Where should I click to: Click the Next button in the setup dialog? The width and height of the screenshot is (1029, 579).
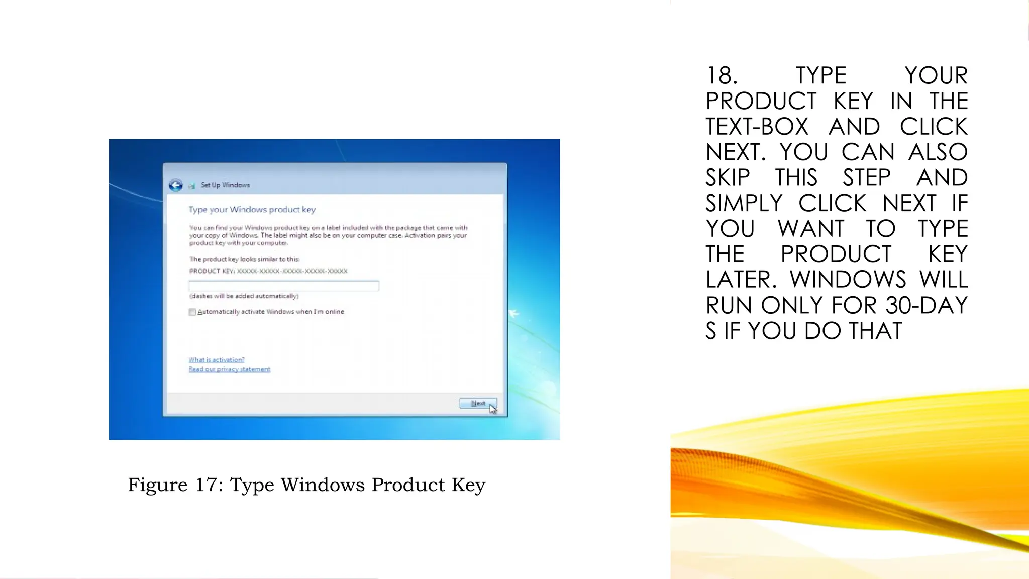point(477,403)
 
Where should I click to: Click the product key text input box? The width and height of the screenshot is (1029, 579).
point(283,286)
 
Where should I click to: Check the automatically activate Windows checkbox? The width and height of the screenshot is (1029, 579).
point(192,312)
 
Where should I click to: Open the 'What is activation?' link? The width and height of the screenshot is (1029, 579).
point(217,359)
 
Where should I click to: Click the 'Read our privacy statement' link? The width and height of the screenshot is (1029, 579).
point(229,369)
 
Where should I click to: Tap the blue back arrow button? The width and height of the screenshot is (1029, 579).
point(176,185)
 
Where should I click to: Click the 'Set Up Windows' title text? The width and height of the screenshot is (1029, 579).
point(225,185)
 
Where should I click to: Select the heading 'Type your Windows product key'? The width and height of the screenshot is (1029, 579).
point(252,209)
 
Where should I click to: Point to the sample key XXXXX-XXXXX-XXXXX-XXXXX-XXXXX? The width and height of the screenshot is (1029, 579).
point(292,271)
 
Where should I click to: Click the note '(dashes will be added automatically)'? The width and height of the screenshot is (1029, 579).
point(244,296)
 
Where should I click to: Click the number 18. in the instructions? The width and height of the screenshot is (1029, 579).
point(722,76)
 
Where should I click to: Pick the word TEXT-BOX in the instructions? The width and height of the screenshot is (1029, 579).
point(757,127)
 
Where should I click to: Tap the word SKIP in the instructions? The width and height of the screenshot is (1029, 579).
point(728,178)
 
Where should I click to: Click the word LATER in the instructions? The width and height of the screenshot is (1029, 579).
point(741,280)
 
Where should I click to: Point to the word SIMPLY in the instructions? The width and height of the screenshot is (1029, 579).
point(744,204)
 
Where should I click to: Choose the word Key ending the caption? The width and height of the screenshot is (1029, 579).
point(468,485)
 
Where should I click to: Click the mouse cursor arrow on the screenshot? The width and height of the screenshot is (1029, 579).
point(493,409)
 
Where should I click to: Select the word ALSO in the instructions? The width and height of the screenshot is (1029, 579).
point(938,152)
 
